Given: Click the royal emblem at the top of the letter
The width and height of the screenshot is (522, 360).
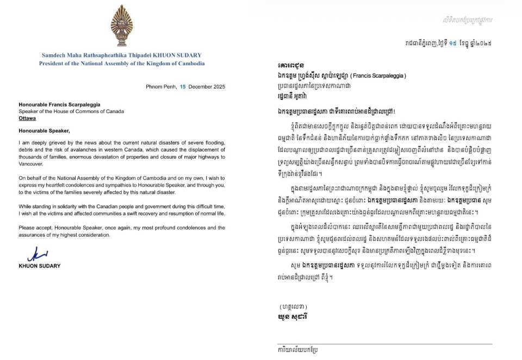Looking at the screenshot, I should click(x=121, y=27).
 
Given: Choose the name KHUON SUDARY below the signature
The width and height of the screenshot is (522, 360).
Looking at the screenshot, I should click(x=41, y=266).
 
